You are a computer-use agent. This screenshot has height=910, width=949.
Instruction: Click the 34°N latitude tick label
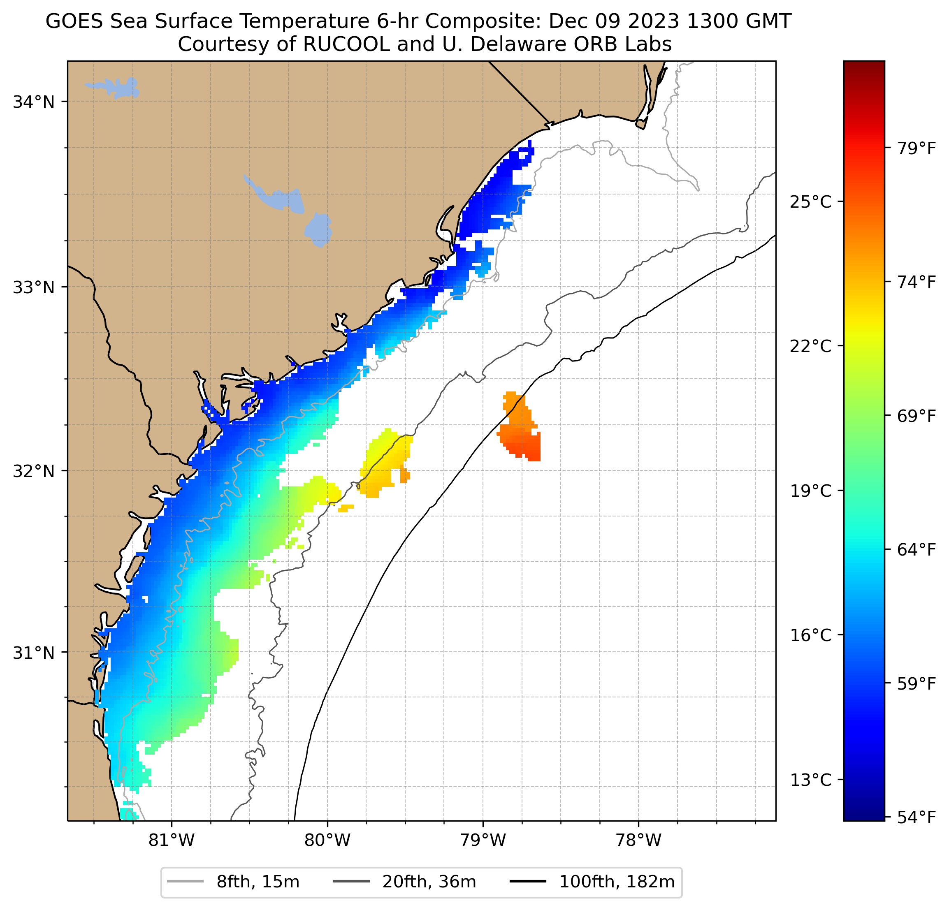point(33,102)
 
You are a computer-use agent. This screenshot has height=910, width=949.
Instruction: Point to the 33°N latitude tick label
point(33,287)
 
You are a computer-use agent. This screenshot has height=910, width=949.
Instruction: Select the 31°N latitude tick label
point(33,653)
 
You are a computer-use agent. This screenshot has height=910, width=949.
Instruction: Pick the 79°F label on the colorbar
point(917,148)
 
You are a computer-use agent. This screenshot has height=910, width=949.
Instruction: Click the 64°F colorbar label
point(917,549)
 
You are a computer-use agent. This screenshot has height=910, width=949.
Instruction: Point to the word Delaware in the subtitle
point(516,44)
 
